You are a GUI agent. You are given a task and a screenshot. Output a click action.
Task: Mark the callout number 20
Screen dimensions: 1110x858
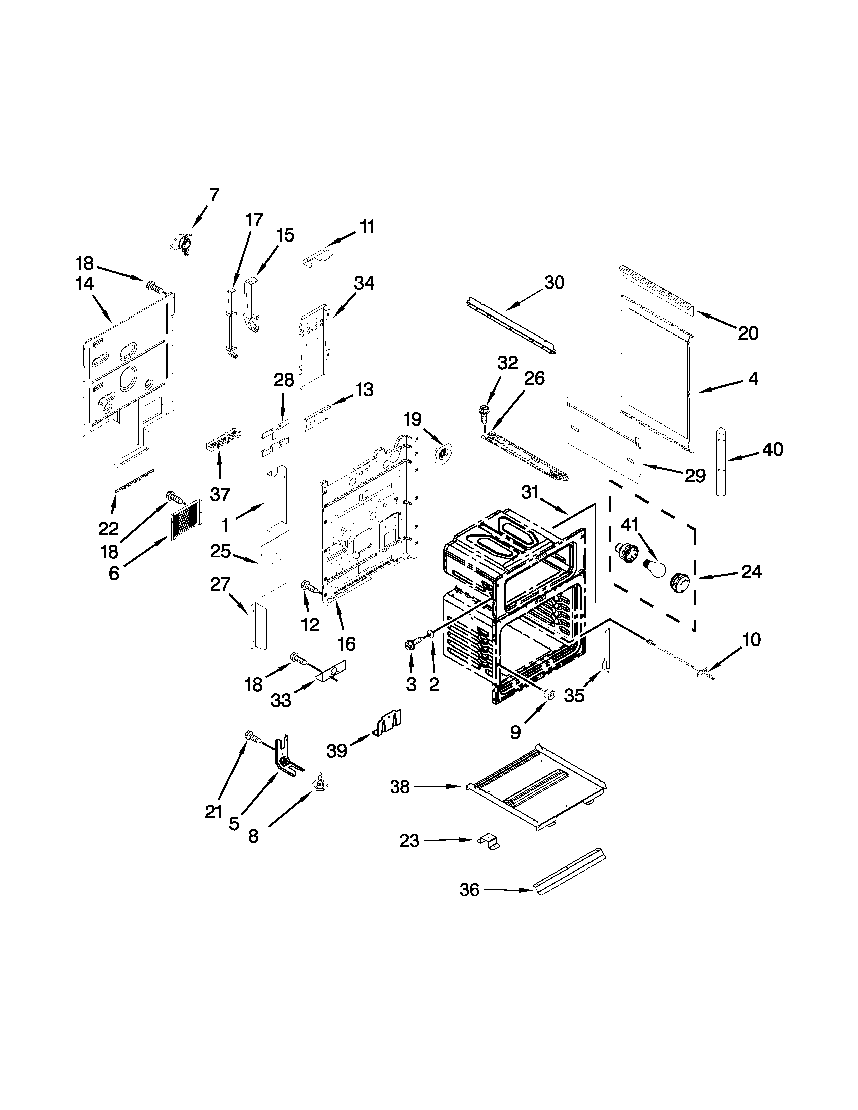(x=748, y=333)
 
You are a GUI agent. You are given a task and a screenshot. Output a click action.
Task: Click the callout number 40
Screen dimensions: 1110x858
(x=773, y=449)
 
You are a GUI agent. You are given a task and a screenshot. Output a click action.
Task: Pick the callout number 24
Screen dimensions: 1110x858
(x=751, y=572)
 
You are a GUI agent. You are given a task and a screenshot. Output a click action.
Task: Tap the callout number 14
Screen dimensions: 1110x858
(x=85, y=284)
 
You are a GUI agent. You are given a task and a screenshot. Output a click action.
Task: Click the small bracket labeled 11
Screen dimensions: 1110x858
(x=317, y=257)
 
